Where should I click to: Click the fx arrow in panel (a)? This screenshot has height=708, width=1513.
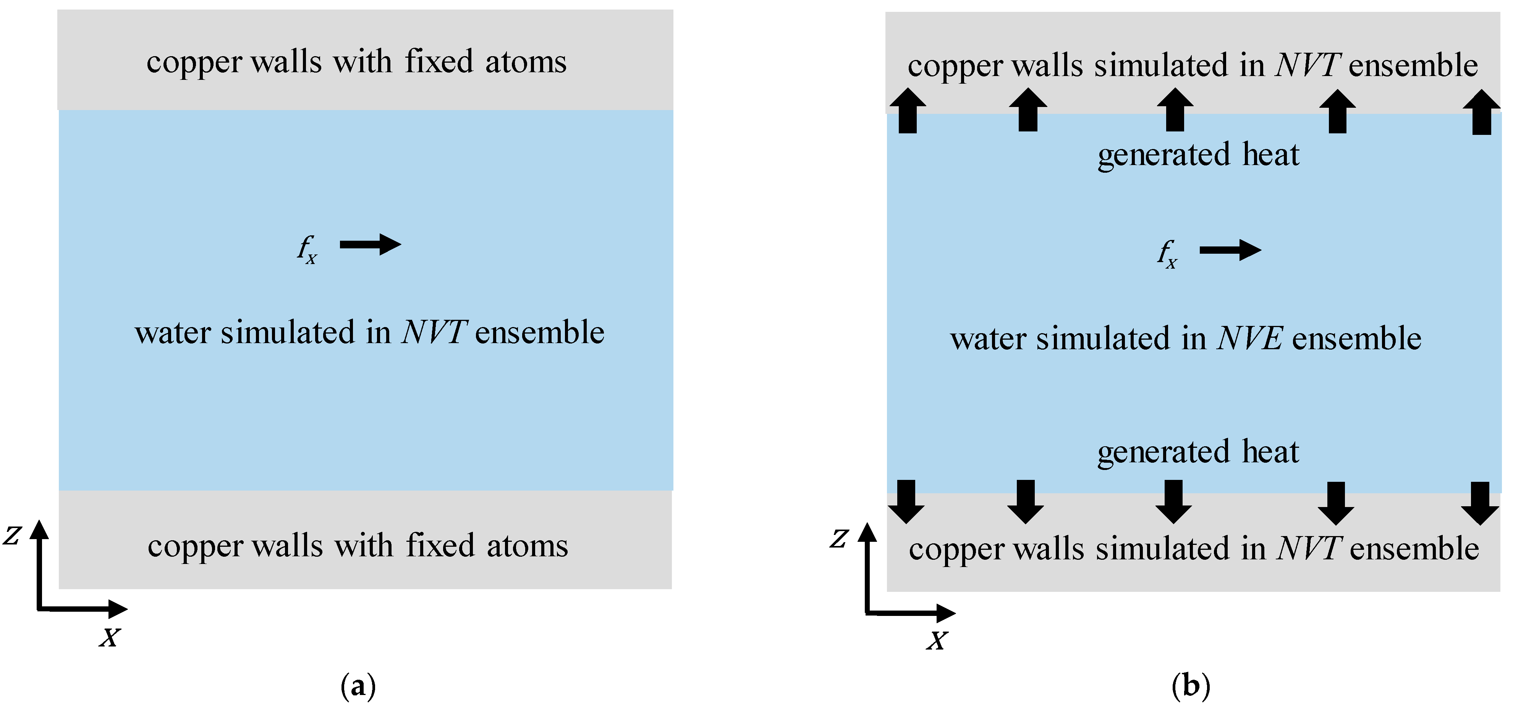(x=371, y=245)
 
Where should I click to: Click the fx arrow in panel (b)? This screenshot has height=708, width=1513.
(x=1230, y=250)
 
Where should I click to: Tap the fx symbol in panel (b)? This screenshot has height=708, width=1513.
(x=1167, y=254)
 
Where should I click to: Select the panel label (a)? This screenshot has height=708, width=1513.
(x=358, y=686)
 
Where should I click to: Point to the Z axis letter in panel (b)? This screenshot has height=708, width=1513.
(x=839, y=538)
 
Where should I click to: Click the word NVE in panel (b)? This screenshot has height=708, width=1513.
(x=1250, y=339)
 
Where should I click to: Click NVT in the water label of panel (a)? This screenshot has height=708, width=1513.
(x=435, y=332)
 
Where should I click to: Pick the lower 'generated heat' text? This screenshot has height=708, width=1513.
(x=1198, y=452)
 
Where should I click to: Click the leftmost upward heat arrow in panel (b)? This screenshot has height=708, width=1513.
(x=908, y=110)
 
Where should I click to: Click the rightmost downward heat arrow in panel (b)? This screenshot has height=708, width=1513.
(x=1480, y=503)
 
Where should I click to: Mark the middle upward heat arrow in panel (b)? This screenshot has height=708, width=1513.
(x=1175, y=110)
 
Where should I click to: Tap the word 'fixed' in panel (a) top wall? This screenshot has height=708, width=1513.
(x=439, y=62)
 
